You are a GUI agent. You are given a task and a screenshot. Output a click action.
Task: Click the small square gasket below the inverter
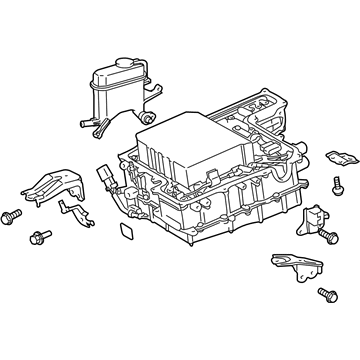click(x=128, y=234)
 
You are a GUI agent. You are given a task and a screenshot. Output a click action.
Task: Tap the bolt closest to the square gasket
click(x=42, y=237)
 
